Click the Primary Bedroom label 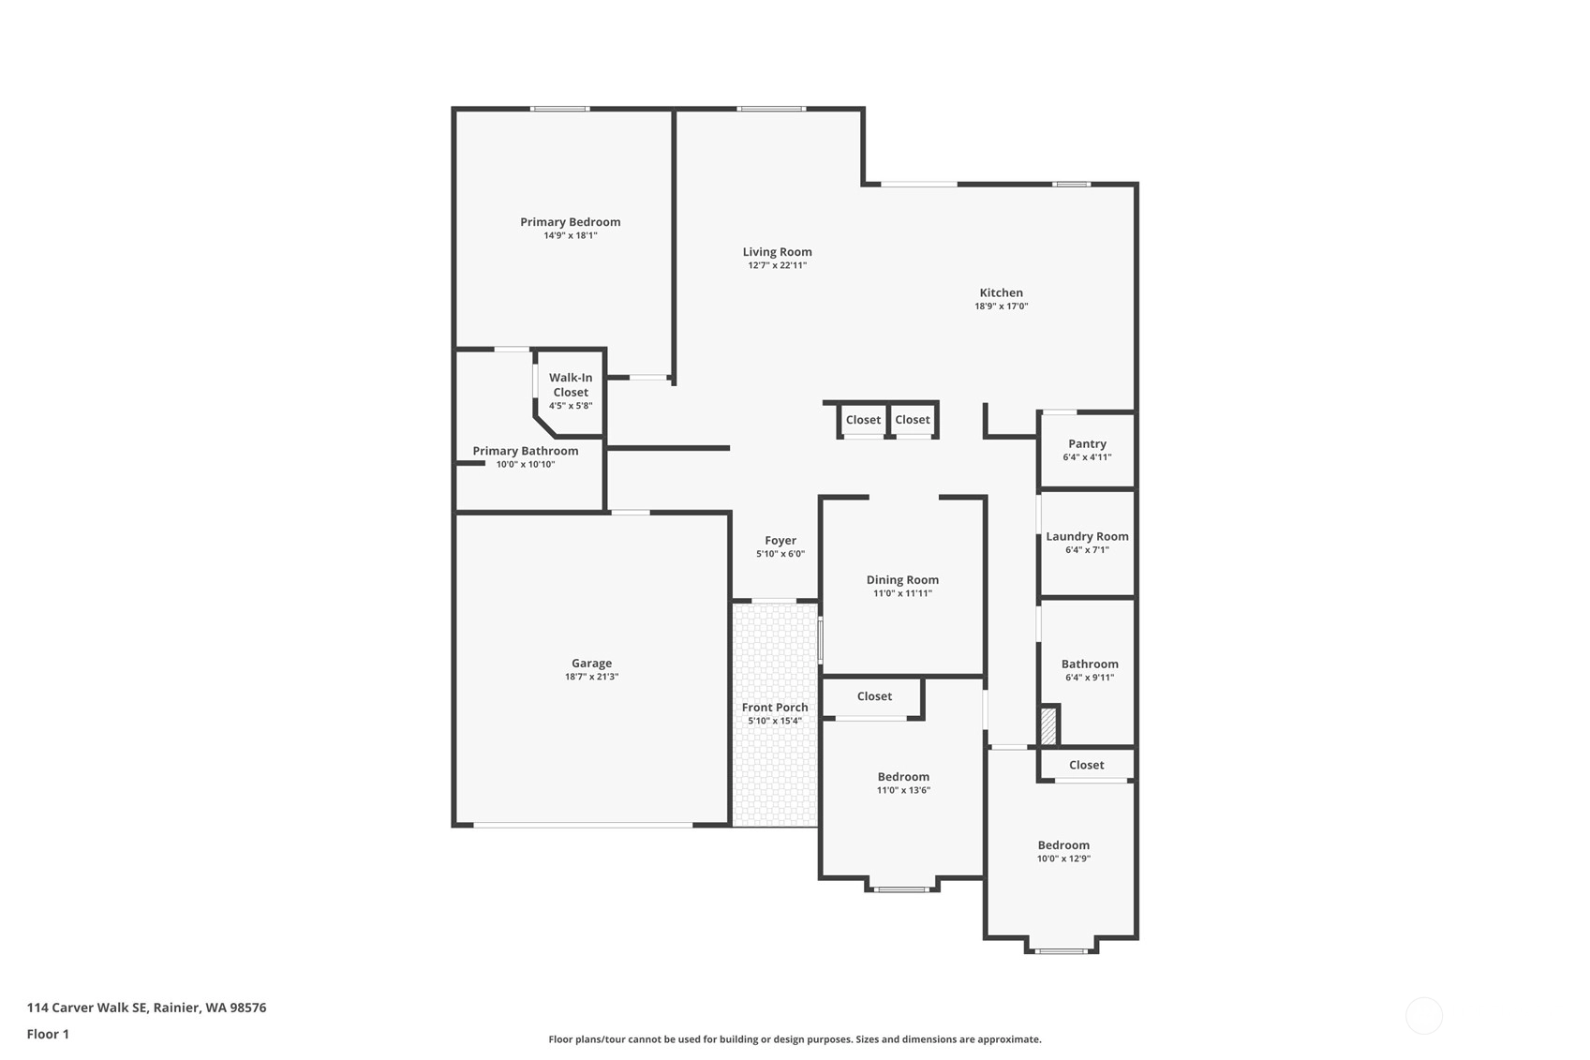pyautogui.click(x=570, y=222)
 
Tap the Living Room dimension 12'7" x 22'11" pyautogui.click(x=778, y=265)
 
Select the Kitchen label pyautogui.click(x=1001, y=292)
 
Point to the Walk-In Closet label pyautogui.click(x=571, y=385)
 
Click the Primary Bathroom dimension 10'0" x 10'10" pyautogui.click(x=526, y=464)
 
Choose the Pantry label pyautogui.click(x=1087, y=443)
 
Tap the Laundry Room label pyautogui.click(x=1087, y=537)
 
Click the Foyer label pyautogui.click(x=780, y=540)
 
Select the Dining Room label pyautogui.click(x=902, y=580)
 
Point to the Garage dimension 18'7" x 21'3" pyautogui.click(x=591, y=677)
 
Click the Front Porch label pyautogui.click(x=775, y=708)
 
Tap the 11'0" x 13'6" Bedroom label pyautogui.click(x=903, y=777)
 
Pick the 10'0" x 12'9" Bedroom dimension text pyautogui.click(x=1063, y=858)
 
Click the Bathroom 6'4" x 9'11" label pyautogui.click(x=1090, y=664)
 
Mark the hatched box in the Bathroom pyautogui.click(x=1048, y=725)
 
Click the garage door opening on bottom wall pyautogui.click(x=583, y=825)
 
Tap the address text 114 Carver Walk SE pyautogui.click(x=86, y=1008)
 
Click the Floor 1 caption pyautogui.click(x=49, y=1034)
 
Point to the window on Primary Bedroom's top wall pyautogui.click(x=560, y=109)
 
